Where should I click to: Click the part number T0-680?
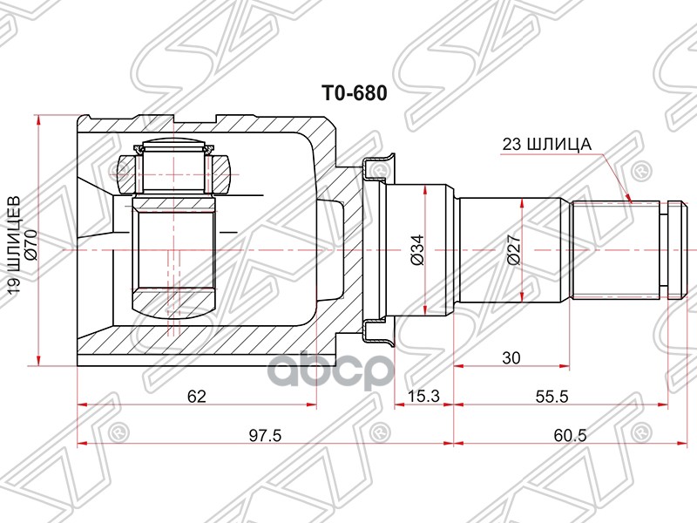point(355,90)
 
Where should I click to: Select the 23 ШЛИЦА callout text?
point(546,144)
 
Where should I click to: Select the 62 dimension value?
point(197,397)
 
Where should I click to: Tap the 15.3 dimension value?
point(425,397)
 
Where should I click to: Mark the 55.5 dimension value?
point(552,397)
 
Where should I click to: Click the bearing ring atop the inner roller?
point(174,153)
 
